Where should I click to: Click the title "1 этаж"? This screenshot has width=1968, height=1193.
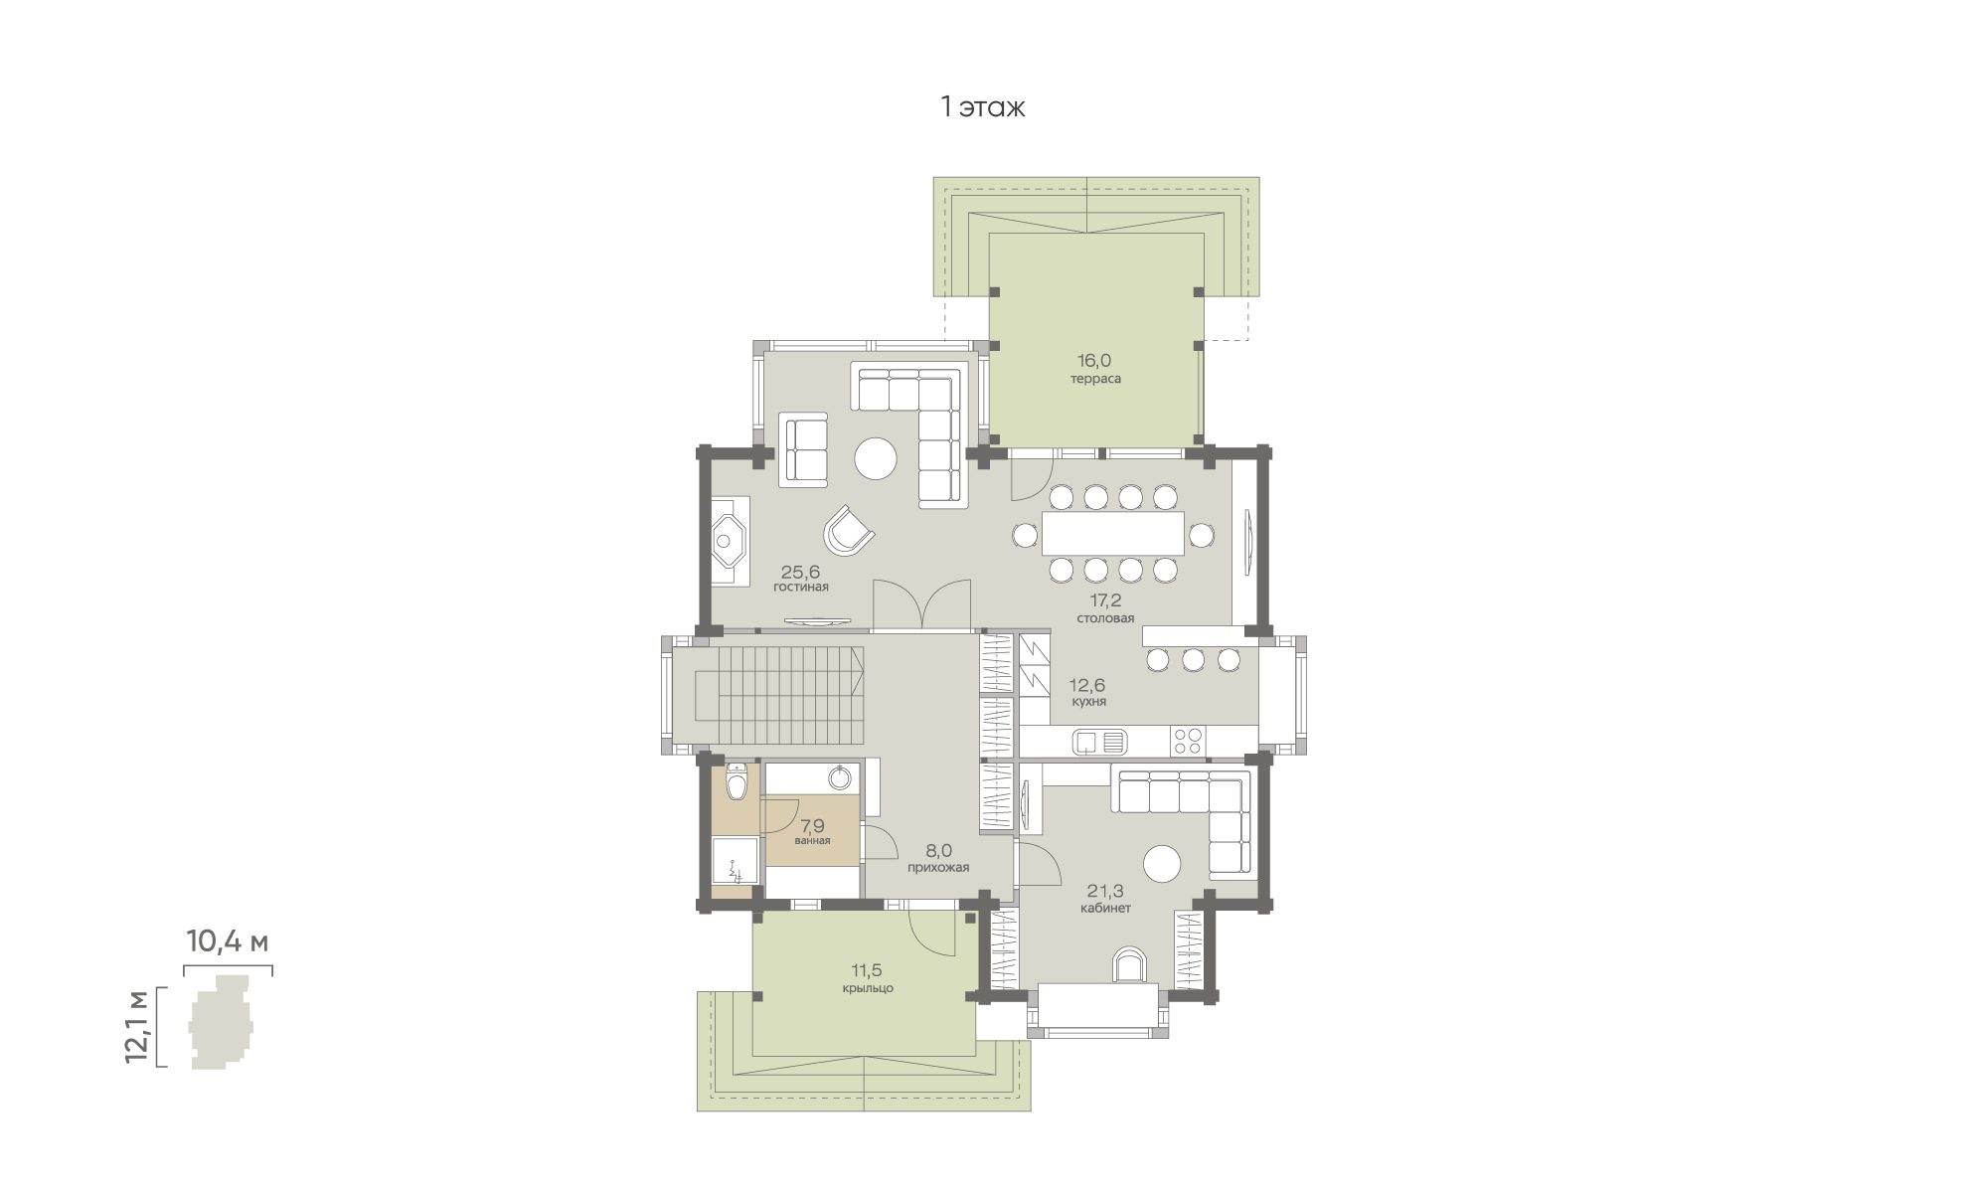(983, 107)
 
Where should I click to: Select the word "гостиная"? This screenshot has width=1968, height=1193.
(801, 587)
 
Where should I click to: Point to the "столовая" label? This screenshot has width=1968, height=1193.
(1104, 617)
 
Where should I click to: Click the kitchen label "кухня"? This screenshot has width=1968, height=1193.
(1089, 701)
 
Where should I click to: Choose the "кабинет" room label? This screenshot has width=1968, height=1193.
(1105, 908)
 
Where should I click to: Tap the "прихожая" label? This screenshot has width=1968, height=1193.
(937, 868)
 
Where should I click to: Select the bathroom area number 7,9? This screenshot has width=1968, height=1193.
(812, 825)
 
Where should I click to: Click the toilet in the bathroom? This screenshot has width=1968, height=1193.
(737, 782)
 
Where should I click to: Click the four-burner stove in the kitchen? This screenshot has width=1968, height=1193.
(1189, 740)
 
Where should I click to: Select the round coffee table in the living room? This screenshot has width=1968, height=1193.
(877, 459)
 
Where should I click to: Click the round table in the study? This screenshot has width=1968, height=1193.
(1162, 862)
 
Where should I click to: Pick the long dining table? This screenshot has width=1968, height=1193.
(1113, 533)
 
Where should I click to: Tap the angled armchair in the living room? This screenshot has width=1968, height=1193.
(849, 530)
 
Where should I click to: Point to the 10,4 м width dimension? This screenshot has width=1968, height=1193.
(229, 941)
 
